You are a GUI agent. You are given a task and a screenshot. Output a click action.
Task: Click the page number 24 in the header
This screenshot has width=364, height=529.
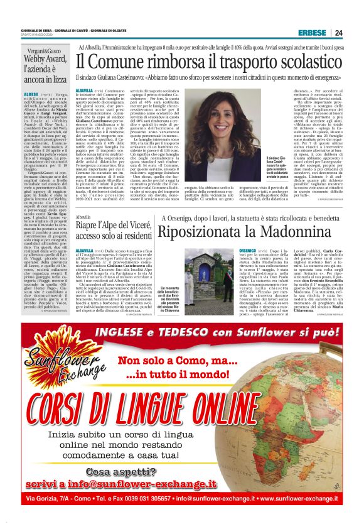pos(338,33)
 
